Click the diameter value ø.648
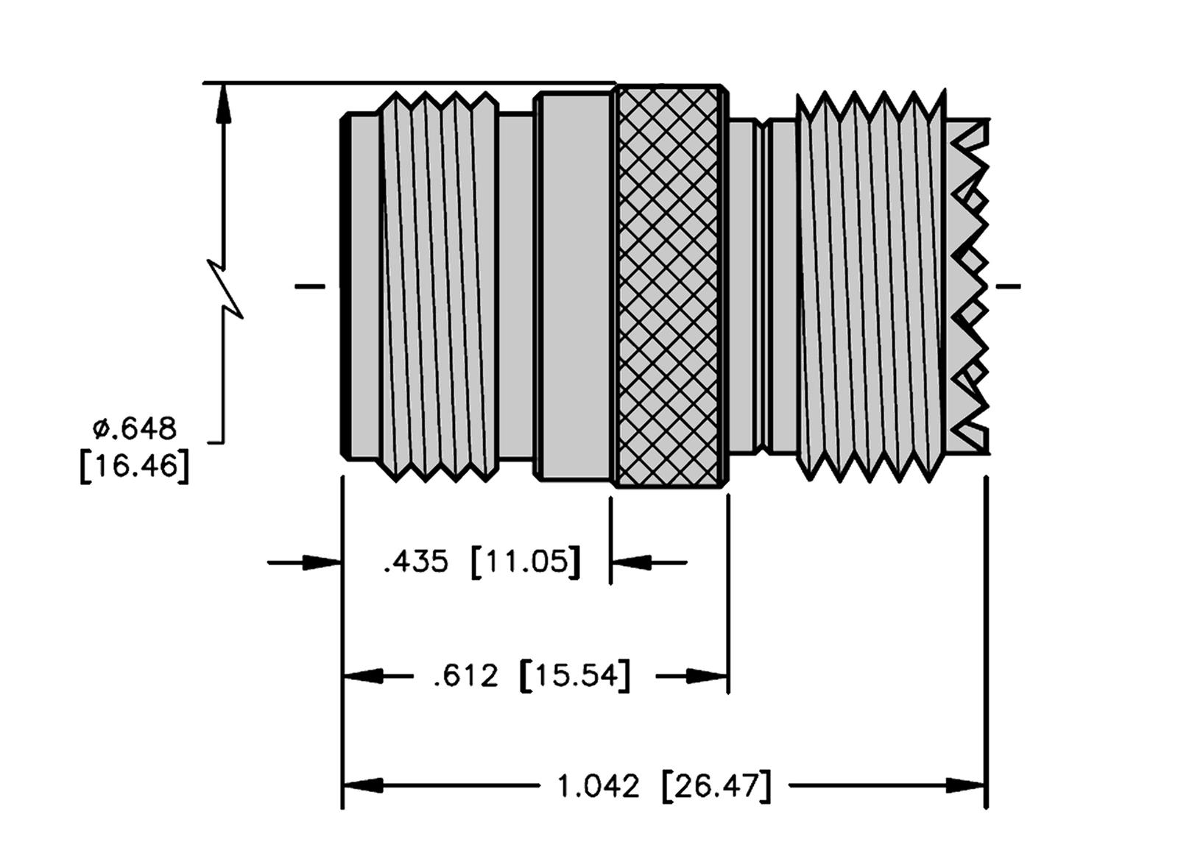click(x=135, y=427)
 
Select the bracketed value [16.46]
click(x=135, y=467)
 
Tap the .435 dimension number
click(x=415, y=562)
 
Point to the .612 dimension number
click(x=466, y=676)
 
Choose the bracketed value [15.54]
click(x=575, y=676)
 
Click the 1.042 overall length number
click(x=598, y=787)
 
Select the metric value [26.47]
click(x=716, y=787)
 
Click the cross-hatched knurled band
click(x=669, y=287)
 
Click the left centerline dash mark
click(x=309, y=286)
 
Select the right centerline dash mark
click(x=1008, y=286)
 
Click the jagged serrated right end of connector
click(x=970, y=287)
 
